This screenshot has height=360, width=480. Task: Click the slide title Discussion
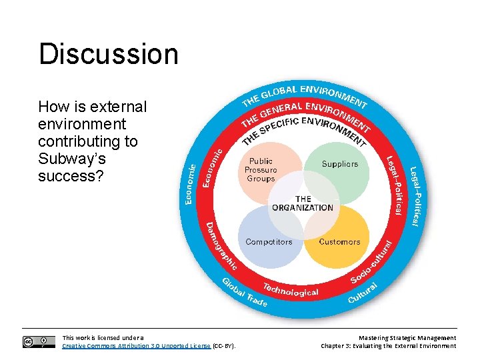coord(109,54)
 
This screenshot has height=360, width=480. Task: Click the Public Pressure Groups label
coord(261,170)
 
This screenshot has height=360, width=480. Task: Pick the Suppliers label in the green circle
coord(340,164)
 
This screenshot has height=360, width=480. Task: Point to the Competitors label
coord(269,242)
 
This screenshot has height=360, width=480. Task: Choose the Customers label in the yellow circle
coord(339,242)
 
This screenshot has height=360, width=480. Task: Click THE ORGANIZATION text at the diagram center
coord(303,203)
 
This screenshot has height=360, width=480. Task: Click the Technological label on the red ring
coord(290,291)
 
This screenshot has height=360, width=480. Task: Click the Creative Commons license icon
coord(39,342)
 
